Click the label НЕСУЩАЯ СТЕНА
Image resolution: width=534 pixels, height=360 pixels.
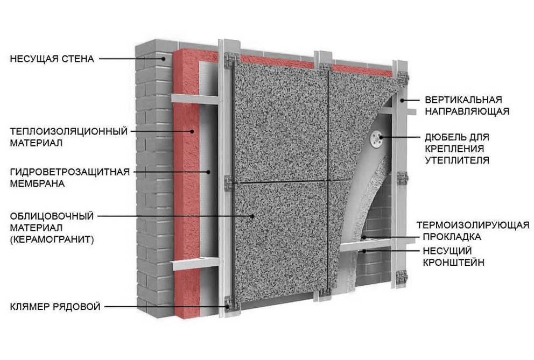52,59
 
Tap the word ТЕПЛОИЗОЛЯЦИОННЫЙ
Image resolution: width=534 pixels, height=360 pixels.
68,131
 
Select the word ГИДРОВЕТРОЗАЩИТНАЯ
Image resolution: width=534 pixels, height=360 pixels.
69,172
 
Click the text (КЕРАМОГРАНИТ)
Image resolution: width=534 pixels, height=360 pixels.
52,239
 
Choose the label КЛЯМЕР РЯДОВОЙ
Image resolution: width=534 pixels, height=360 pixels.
55,307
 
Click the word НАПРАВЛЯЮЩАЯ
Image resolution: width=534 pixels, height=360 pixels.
467,111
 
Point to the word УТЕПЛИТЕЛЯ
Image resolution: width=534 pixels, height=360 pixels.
456,160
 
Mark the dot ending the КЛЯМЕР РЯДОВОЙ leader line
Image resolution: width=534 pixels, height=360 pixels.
228,307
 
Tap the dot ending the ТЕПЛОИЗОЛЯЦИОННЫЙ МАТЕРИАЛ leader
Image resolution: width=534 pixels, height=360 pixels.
192,131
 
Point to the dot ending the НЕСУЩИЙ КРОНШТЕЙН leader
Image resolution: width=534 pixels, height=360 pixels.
364,251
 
